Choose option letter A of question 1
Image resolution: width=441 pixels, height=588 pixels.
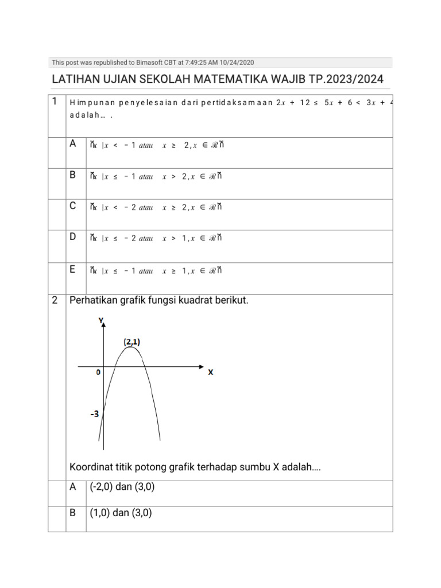point(73,144)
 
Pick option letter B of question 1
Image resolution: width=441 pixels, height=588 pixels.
point(73,175)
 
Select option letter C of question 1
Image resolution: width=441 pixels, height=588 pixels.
point(73,206)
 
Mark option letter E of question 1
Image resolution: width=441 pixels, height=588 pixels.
point(73,268)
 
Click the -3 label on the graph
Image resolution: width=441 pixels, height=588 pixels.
point(94,413)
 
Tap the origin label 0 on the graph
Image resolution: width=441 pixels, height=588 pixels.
point(98,373)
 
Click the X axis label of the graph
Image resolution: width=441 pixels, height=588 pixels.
point(210,372)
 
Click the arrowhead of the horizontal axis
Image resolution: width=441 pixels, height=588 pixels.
point(200,366)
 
